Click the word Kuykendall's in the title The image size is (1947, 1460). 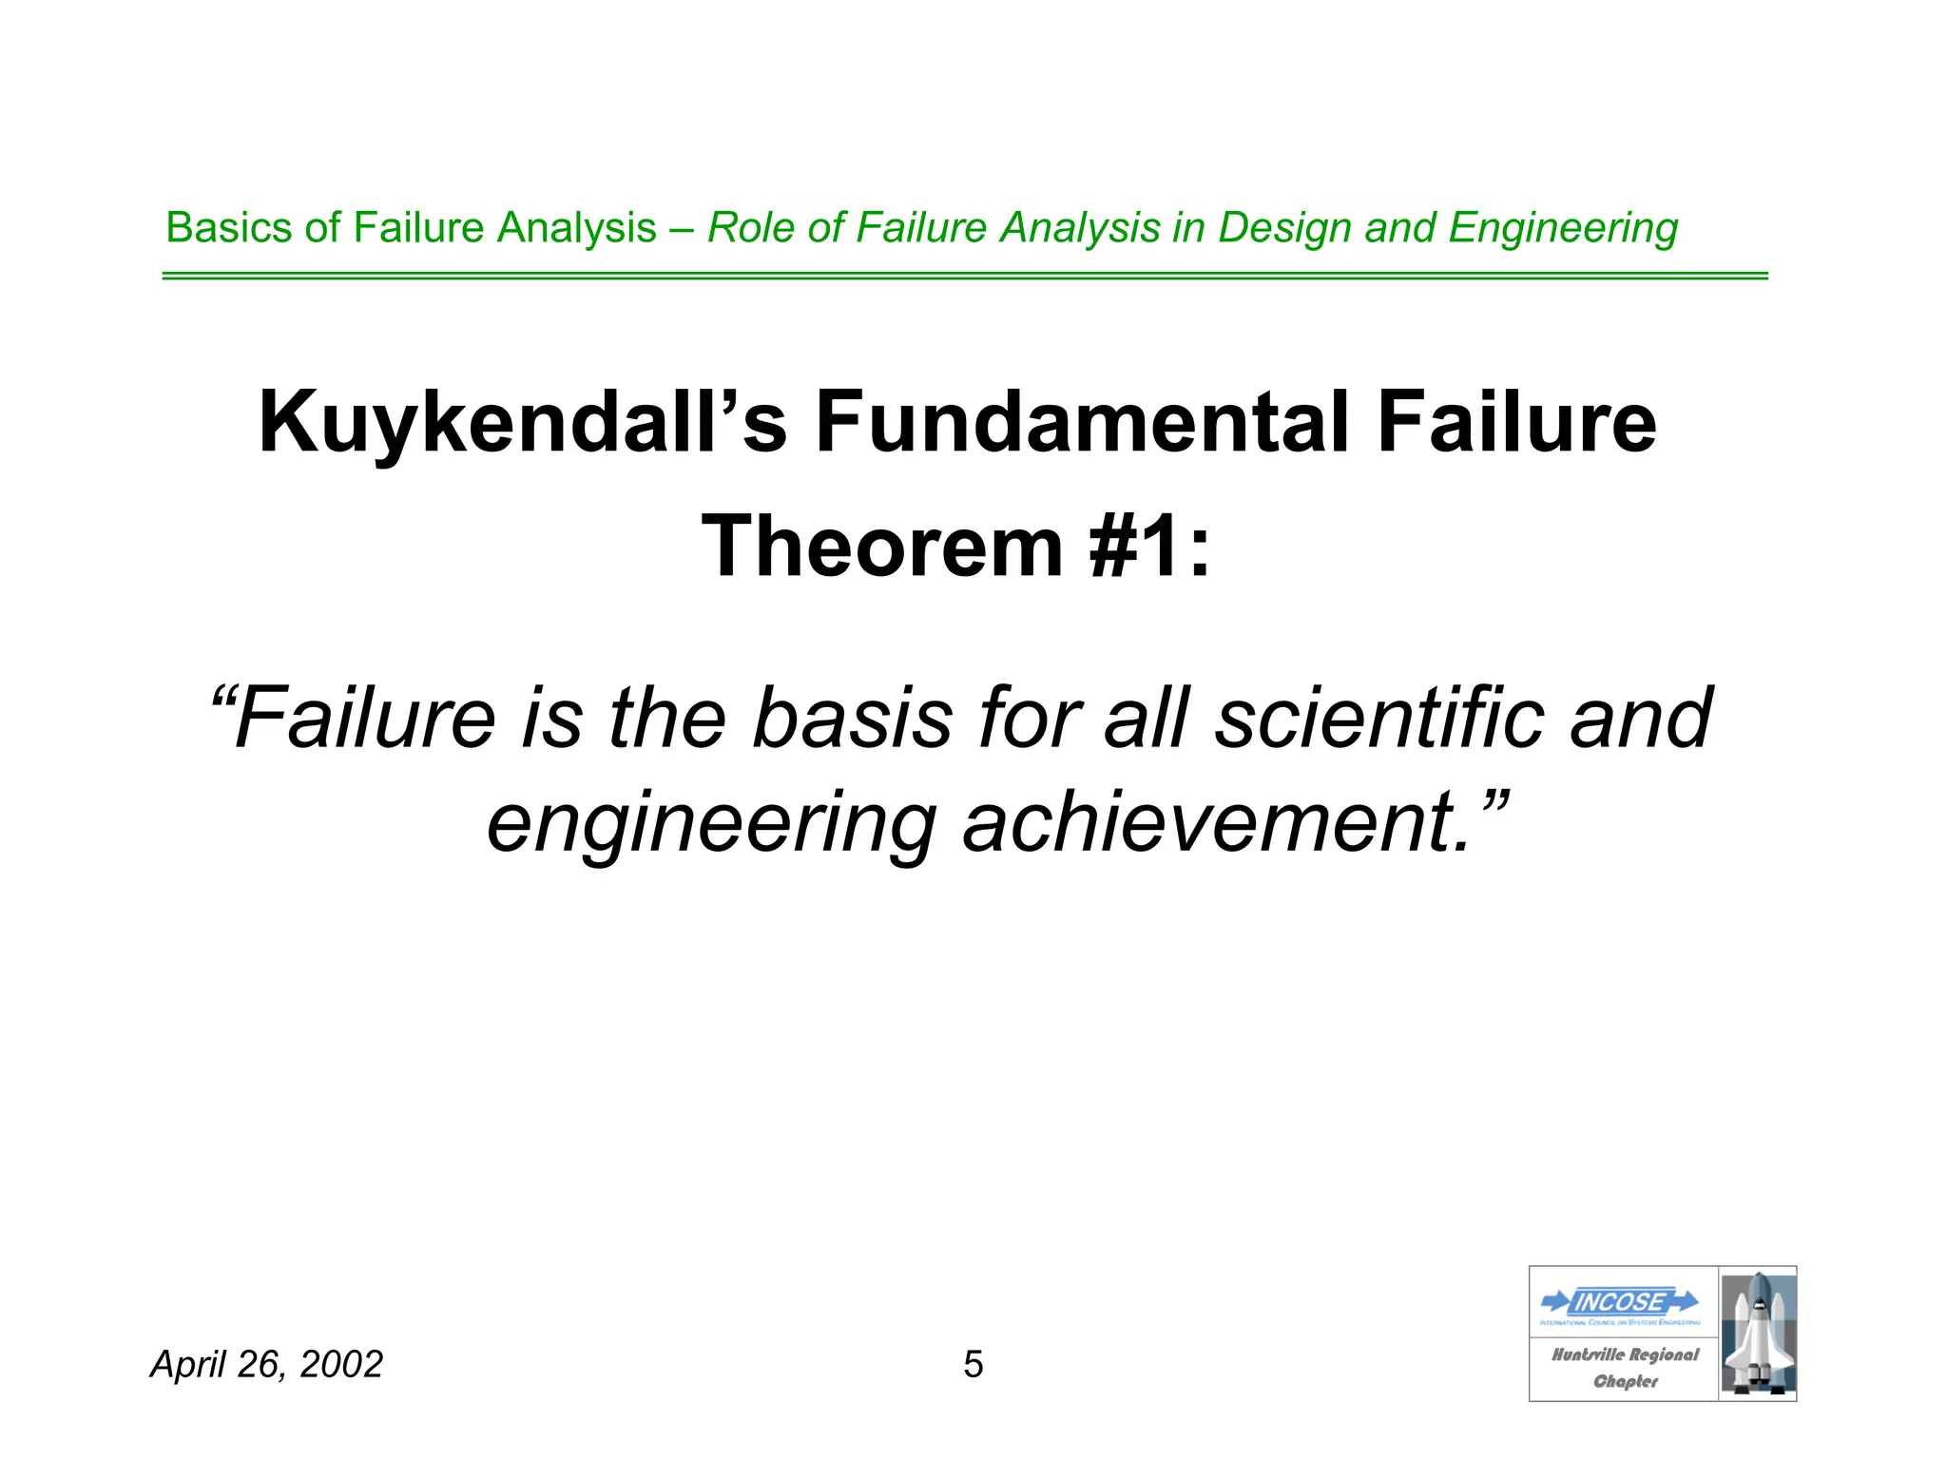522,423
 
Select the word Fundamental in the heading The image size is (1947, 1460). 1080,423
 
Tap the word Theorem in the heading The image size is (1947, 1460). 881,547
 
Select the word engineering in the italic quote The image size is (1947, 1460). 711,824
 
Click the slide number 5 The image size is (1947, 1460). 973,1365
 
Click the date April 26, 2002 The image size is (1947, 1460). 266,1365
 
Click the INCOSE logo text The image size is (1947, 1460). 1620,1302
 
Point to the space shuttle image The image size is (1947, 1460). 1757,1334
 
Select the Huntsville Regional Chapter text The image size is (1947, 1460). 1625,1367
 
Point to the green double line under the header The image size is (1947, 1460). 964,276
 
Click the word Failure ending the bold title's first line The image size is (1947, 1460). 1516,423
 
